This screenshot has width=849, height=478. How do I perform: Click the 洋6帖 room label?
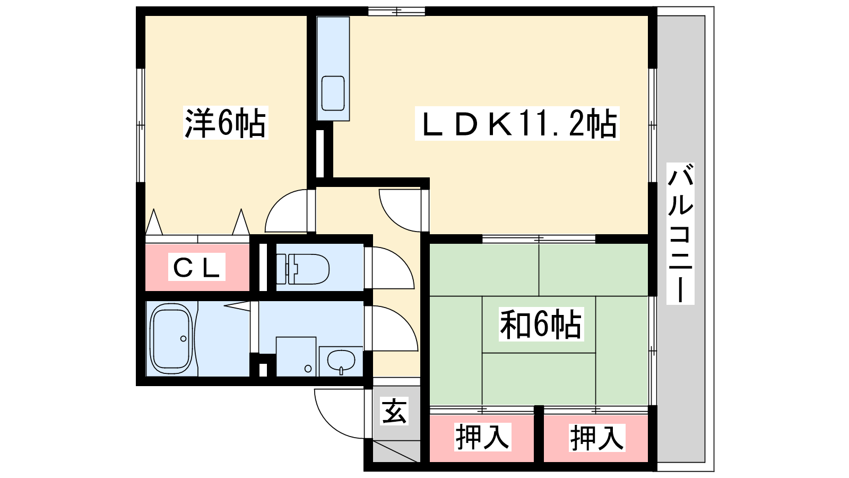click(226, 123)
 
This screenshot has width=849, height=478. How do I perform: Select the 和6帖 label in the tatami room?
click(541, 325)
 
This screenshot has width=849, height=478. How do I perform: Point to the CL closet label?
click(197, 267)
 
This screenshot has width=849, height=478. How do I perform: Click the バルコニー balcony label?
click(680, 233)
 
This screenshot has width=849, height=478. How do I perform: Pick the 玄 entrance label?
click(394, 411)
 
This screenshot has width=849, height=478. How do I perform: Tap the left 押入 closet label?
click(482, 438)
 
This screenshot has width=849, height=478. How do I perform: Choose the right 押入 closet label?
click(597, 438)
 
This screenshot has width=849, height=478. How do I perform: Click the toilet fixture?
click(302, 269)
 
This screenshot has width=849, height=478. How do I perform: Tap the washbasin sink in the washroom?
click(341, 361)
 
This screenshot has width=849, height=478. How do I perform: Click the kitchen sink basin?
click(333, 93)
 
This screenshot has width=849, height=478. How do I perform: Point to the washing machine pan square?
click(296, 356)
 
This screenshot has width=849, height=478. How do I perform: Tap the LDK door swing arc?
click(391, 218)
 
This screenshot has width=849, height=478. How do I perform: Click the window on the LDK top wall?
click(396, 11)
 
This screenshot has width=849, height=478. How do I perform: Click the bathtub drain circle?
click(184, 338)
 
